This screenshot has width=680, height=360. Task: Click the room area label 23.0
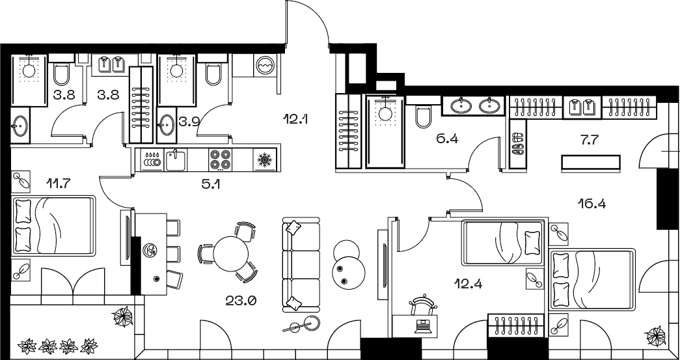pyautogui.click(x=241, y=300)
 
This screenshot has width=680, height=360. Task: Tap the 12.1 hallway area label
pyautogui.click(x=295, y=118)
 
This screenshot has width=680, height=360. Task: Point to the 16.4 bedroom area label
pyautogui.click(x=592, y=203)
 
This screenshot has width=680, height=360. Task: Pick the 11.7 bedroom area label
pyautogui.click(x=59, y=184)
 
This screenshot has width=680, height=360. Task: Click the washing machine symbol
pyautogui.click(x=264, y=66)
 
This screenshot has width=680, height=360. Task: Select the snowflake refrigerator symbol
pyautogui.click(x=264, y=159)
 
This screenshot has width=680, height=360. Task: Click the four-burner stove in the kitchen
pyautogui.click(x=220, y=159)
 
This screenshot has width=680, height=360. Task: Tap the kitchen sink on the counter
pyautogui.click(x=176, y=159)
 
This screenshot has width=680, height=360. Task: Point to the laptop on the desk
pyautogui.click(x=422, y=326)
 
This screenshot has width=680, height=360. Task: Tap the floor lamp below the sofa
pyautogui.click(x=303, y=324)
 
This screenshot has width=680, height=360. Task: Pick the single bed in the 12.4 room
pyautogui.click(x=502, y=243)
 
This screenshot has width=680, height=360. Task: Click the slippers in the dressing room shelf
pyautogui.click(x=517, y=144)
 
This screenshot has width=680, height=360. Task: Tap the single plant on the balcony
pyautogui.click(x=122, y=316)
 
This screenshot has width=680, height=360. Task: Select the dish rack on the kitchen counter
pyautogui.click(x=152, y=159)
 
